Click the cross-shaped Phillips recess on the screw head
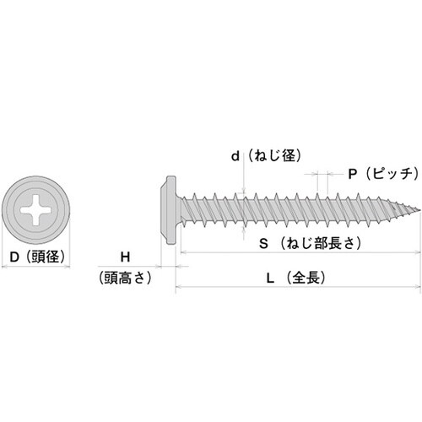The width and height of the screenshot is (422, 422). (35, 210)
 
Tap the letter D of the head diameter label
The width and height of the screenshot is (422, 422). (14, 257)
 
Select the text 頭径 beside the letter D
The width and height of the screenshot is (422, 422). (46, 257)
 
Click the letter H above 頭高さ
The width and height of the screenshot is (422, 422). (125, 257)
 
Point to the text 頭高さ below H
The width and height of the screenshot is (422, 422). (125, 278)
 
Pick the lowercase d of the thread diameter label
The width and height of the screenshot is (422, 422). (235, 156)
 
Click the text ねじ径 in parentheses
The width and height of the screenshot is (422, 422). (274, 155)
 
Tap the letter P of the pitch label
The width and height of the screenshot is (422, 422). (352, 175)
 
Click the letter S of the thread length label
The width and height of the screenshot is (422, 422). (263, 244)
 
